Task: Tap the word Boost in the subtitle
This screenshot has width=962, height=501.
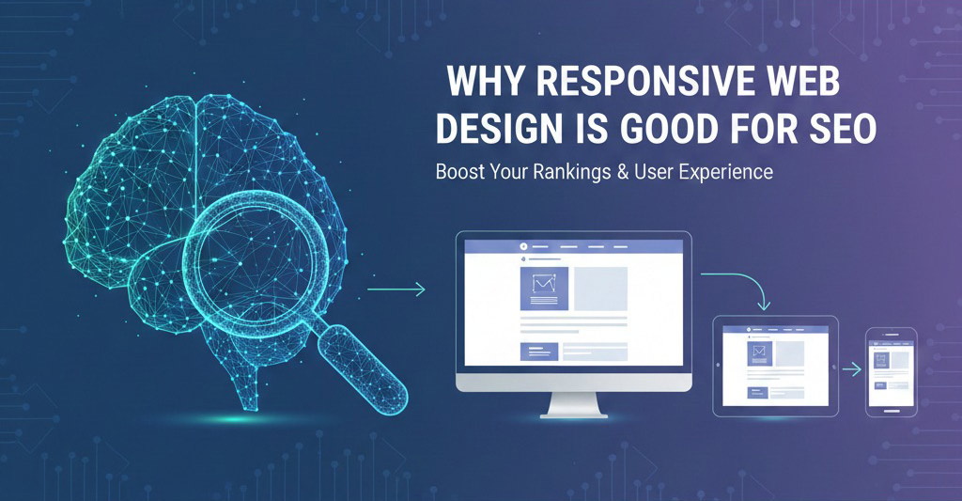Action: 459,175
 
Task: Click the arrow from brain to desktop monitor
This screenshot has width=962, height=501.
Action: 396,290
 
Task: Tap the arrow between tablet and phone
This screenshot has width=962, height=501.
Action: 851,369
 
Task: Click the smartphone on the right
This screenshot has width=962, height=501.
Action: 891,371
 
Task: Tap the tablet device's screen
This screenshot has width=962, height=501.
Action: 775,366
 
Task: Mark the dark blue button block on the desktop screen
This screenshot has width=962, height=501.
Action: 538,352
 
